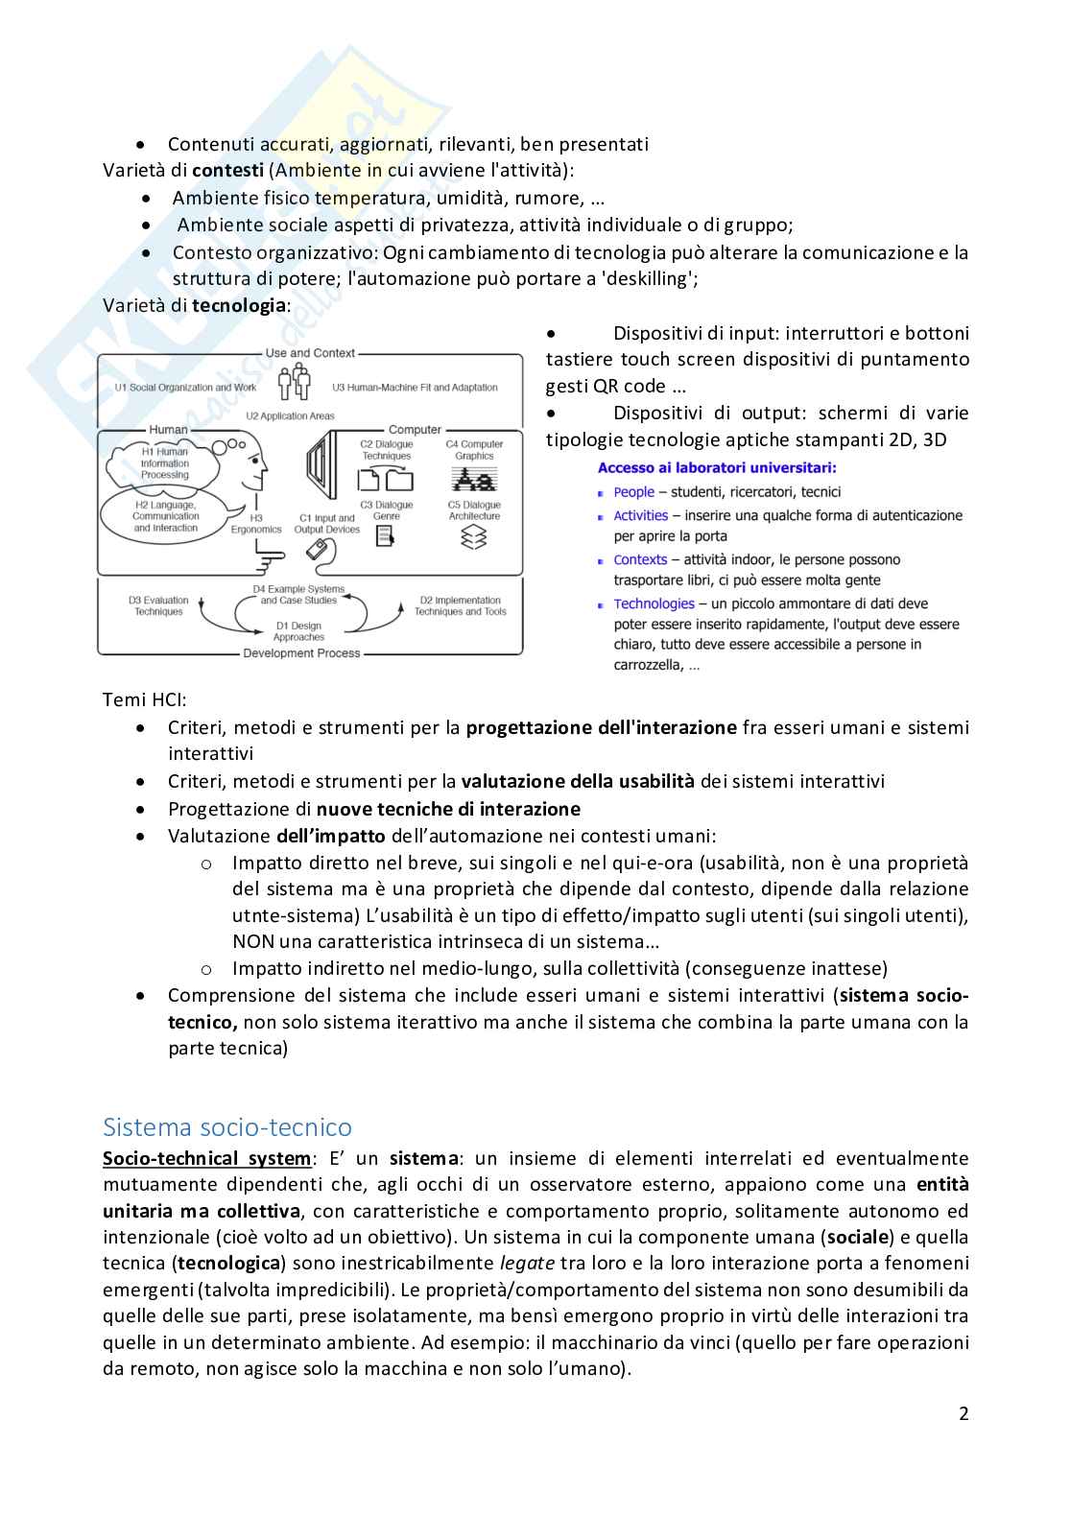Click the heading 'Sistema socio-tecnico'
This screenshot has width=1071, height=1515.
227,1126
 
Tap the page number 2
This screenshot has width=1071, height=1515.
964,1413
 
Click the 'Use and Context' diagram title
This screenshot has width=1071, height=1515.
310,353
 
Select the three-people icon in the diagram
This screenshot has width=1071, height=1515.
295,382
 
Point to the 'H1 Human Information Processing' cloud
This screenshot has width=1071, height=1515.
165,463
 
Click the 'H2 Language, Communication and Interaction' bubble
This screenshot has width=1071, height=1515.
165,516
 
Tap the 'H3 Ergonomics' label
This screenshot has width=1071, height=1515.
256,523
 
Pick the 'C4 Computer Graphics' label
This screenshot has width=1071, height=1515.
474,450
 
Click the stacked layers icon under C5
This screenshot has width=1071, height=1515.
474,538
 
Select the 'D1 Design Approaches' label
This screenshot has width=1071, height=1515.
298,631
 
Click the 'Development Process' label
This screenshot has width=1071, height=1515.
301,653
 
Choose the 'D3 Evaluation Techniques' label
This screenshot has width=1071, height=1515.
158,605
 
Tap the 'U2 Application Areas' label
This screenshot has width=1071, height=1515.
290,416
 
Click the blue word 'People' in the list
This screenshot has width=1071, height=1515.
634,492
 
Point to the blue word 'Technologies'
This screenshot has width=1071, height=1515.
654,604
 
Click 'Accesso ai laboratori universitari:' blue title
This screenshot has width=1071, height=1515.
717,468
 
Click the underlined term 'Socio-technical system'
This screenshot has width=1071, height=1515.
206,1158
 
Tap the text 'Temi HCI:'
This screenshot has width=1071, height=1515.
145,700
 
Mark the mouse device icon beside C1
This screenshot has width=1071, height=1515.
321,550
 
